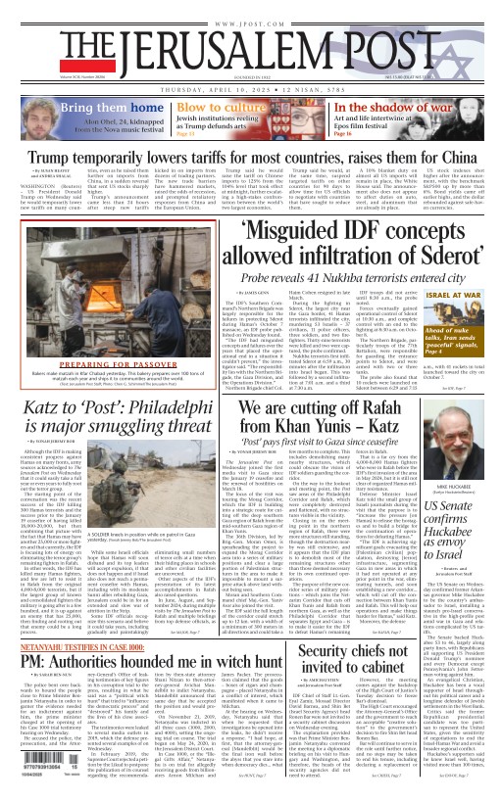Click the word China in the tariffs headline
point(462,156)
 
